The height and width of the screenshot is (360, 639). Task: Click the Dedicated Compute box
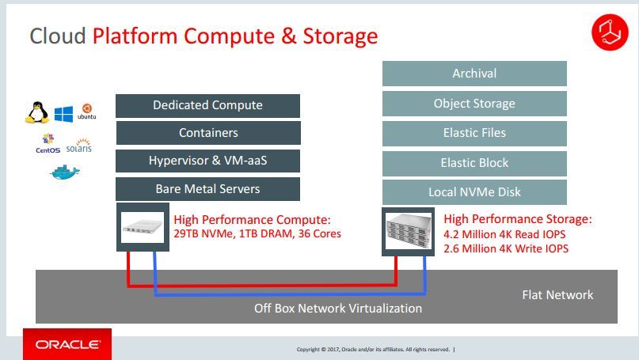(x=207, y=105)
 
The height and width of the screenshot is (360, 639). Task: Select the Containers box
(x=207, y=133)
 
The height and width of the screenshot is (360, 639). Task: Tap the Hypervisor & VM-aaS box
(x=207, y=161)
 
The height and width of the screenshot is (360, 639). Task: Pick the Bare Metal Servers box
(x=207, y=189)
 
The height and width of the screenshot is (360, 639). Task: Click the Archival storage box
(x=474, y=74)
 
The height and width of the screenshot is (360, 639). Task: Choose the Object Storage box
(x=474, y=104)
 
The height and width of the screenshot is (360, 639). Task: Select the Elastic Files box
(x=474, y=133)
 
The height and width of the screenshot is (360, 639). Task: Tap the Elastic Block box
(x=474, y=163)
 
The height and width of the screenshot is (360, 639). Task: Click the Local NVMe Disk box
(x=474, y=192)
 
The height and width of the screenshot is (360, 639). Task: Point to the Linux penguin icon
(x=36, y=113)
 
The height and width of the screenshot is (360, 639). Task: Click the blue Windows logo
(x=63, y=113)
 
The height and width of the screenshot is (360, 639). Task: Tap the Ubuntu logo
(x=86, y=111)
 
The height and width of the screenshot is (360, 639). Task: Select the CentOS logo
(x=48, y=144)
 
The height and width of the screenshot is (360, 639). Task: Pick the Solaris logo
(x=79, y=146)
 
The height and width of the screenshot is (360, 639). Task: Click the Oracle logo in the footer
(x=67, y=345)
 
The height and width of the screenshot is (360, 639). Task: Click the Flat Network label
(x=557, y=295)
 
